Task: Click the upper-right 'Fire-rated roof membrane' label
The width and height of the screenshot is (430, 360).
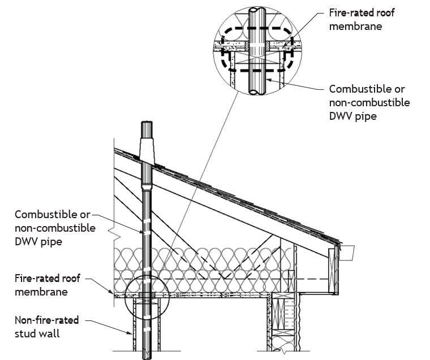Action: tap(362, 19)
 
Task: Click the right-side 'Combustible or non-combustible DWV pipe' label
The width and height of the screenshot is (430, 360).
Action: tap(369, 102)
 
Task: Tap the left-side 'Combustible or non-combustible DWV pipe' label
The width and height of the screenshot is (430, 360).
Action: tap(55, 228)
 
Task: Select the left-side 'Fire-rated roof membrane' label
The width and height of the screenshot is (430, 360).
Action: tap(48, 285)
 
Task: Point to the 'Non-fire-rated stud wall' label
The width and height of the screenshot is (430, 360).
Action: tap(46, 327)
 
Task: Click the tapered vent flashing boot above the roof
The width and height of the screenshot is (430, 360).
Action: tap(147, 150)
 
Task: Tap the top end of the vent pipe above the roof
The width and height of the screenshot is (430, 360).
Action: tap(147, 122)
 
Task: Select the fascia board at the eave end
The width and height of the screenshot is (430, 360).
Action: tap(333, 270)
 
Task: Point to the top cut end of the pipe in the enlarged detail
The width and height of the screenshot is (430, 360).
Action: tap(257, 10)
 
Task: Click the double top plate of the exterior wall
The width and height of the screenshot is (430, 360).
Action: tap(283, 296)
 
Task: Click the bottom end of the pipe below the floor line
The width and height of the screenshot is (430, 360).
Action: tap(147, 357)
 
